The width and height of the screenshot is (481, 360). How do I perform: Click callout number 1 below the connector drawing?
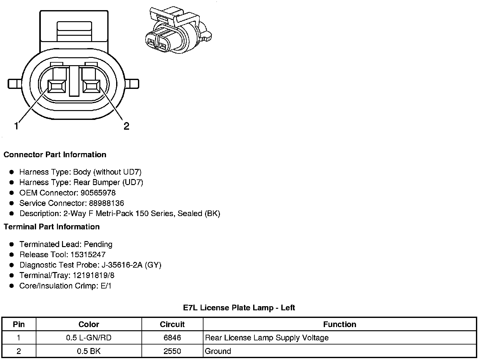(16, 126)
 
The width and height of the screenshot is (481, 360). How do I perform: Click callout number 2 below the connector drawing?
(126, 126)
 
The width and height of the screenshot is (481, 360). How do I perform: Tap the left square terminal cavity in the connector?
(57, 86)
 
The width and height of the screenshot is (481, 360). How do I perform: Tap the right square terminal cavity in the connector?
(91, 86)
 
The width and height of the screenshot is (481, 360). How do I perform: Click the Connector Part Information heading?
(55, 155)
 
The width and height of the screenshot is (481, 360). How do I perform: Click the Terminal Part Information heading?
(52, 227)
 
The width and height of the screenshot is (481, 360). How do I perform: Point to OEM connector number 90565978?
(98, 193)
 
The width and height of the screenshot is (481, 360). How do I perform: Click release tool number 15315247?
(88, 255)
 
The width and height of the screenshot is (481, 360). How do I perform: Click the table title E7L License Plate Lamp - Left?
(239, 308)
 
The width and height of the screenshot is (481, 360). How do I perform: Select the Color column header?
(89, 325)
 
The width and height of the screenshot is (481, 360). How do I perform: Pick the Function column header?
(340, 325)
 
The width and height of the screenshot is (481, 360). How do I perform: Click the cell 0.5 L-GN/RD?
(89, 338)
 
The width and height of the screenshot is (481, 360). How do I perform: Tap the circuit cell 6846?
(172, 338)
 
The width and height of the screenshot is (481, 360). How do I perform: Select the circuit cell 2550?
(172, 351)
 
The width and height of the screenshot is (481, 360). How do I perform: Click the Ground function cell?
(218, 351)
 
